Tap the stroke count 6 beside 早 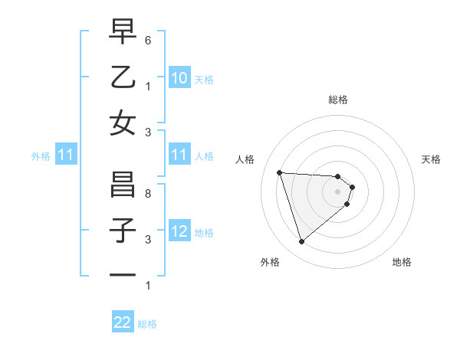pos(148,39)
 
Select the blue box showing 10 pos(179,77)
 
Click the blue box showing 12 pos(179,232)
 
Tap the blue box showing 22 pos(123,323)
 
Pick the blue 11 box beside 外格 pos(66,155)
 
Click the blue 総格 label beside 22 pos(147,324)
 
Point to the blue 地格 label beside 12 pos(204,233)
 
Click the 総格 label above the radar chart pos(337,100)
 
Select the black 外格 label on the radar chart pos(270,262)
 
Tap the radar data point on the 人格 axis pos(280,172)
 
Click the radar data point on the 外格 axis pos(301,242)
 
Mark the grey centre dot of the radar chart pos(337,191)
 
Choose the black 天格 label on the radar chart pos(432,159)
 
